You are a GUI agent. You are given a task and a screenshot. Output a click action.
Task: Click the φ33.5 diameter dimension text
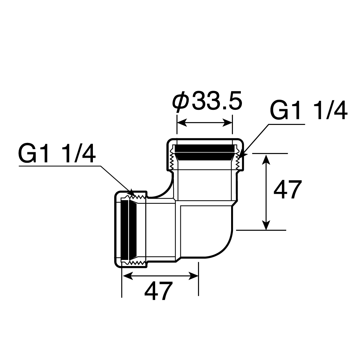(207, 101)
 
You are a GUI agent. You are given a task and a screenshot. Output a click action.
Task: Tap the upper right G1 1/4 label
(309, 111)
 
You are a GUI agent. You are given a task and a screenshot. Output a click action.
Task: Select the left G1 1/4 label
(57, 154)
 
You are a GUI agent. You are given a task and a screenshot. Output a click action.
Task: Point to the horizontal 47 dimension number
(159, 291)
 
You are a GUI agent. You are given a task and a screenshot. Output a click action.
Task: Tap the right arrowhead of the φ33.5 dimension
(228, 123)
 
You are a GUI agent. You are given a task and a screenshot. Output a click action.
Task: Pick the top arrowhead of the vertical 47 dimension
(266, 159)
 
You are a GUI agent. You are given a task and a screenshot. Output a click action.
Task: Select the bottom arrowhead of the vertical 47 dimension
(266, 225)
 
